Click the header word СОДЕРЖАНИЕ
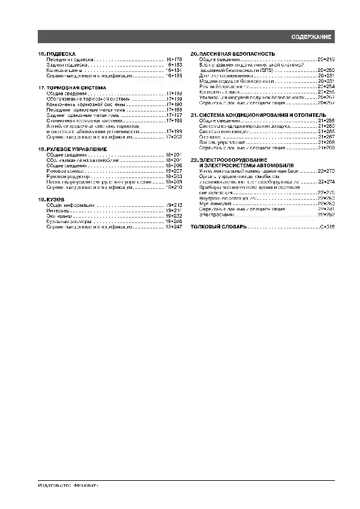click(x=311, y=37)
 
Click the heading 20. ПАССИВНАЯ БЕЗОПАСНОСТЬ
click(x=233, y=54)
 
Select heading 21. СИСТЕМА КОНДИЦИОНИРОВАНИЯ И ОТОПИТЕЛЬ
click(x=258, y=114)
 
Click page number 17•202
click(x=173, y=137)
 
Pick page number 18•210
click(x=173, y=187)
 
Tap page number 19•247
click(x=173, y=227)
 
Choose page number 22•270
click(x=326, y=171)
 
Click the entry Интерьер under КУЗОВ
click(x=57, y=210)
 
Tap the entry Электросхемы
click(x=213, y=214)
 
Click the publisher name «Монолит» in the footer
click(x=86, y=486)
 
